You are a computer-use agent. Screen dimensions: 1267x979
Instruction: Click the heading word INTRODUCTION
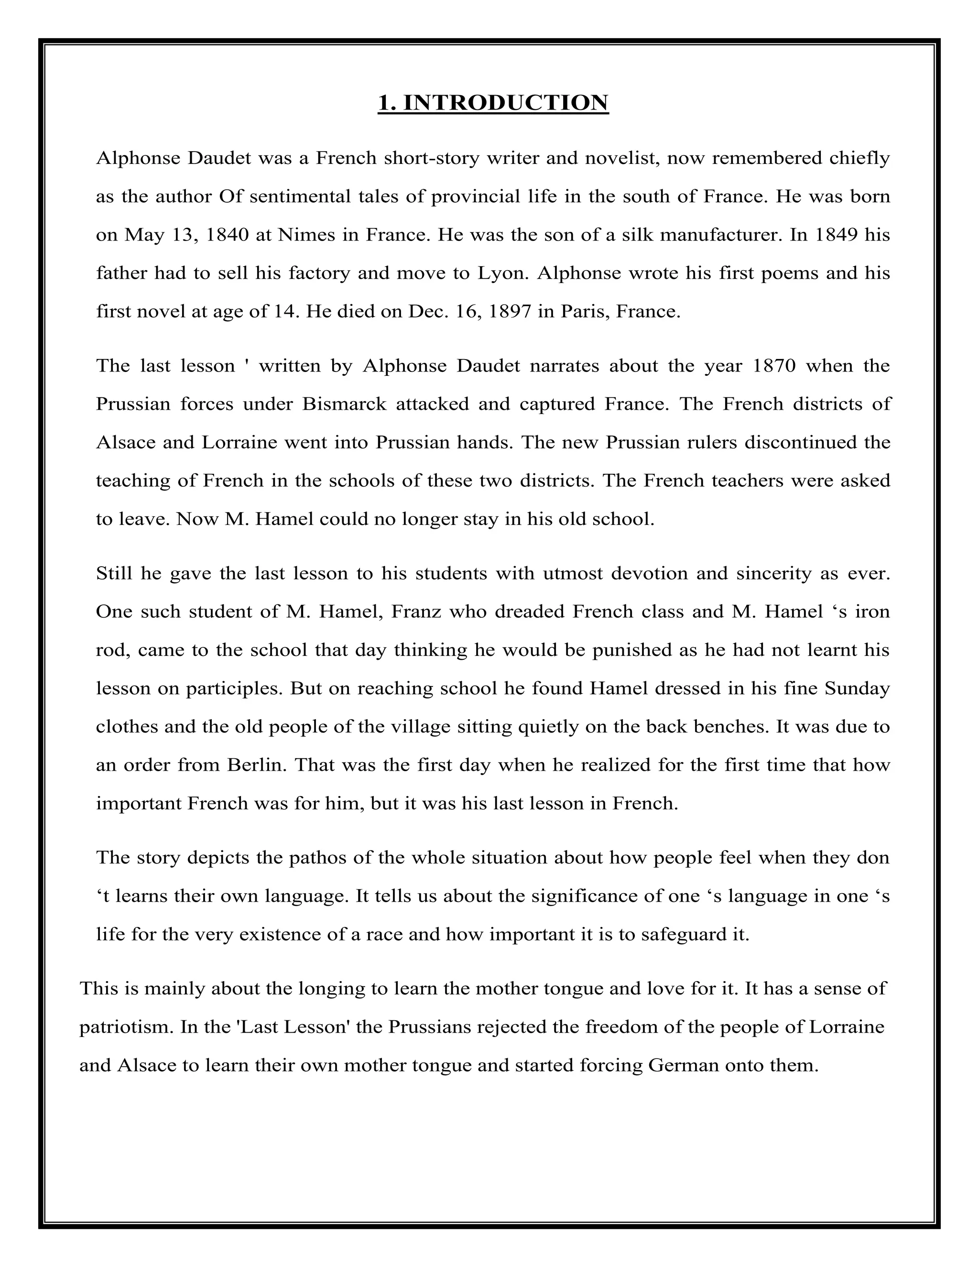point(505,103)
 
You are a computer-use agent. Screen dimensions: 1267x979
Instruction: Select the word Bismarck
point(344,404)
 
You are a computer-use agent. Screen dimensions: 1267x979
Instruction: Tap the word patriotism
point(126,1027)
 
